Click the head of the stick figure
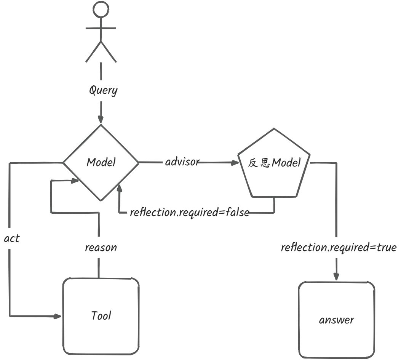(x=101, y=9)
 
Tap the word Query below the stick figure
(x=103, y=90)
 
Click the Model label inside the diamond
(x=101, y=162)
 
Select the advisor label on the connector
(x=182, y=162)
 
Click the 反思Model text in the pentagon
(x=274, y=163)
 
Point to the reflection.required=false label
(x=190, y=212)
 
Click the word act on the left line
(x=12, y=238)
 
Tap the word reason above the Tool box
(x=101, y=247)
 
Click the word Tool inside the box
(x=101, y=315)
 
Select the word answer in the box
(x=337, y=320)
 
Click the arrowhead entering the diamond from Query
(x=101, y=120)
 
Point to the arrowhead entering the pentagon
(x=235, y=162)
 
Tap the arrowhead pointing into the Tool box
(x=58, y=317)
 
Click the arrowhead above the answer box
(x=336, y=277)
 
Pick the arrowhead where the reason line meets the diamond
(x=75, y=181)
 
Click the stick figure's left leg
(x=93, y=52)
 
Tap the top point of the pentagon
(x=274, y=129)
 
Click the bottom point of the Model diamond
(x=101, y=201)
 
